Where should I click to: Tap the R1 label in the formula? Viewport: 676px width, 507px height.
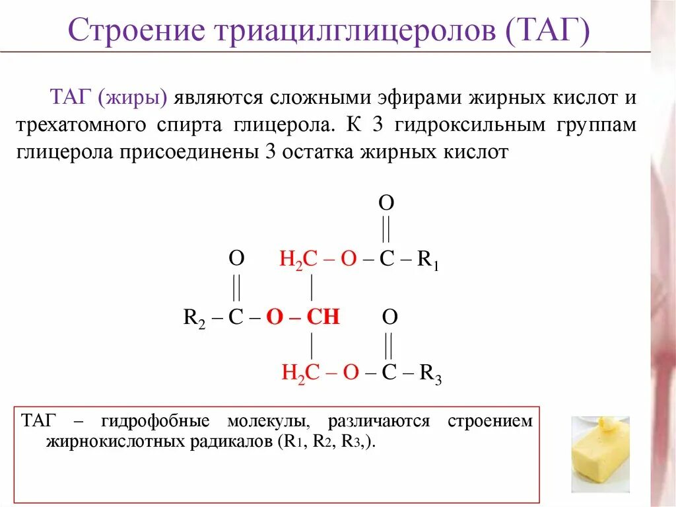coord(428,260)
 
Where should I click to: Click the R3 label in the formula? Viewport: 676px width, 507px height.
coord(430,374)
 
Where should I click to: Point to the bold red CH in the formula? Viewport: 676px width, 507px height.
coord(323,317)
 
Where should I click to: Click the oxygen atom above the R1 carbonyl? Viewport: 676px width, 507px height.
coord(386,203)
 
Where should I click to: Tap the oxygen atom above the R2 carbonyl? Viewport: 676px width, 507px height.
coord(236,258)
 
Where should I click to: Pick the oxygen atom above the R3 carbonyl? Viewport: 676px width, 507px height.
coord(390,317)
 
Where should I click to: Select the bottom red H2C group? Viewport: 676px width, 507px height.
coord(301,373)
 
